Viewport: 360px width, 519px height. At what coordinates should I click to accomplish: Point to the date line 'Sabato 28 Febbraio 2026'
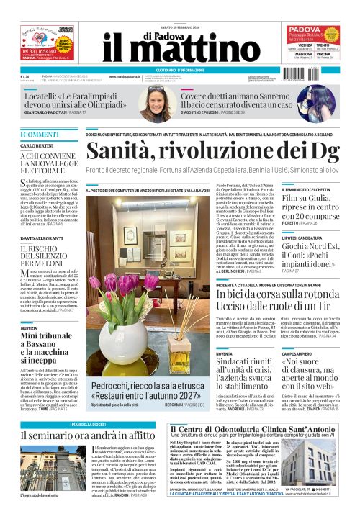[x=179, y=8]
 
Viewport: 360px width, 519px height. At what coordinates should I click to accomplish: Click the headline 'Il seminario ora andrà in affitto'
[x=87, y=435]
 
